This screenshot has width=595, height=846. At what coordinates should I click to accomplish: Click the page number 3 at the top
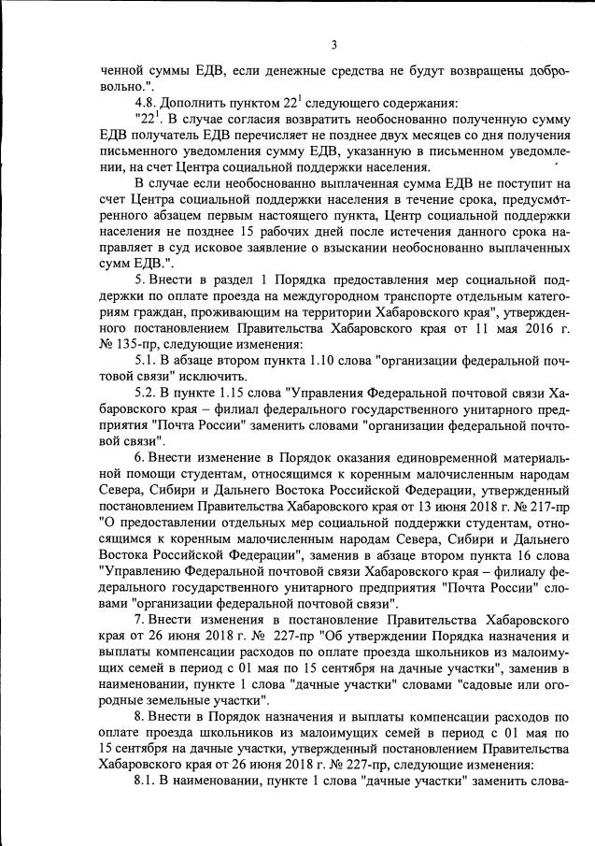(x=333, y=45)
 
